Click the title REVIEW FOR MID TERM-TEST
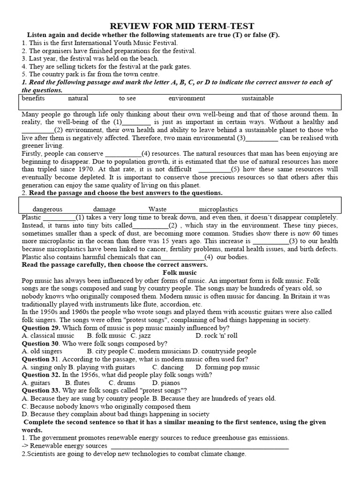[182, 26]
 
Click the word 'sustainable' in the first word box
[257, 98]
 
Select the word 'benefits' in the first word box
[33, 98]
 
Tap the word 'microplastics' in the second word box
[218, 210]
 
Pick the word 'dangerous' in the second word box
[47, 210]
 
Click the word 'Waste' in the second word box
[157, 210]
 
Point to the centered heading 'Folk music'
[180, 272]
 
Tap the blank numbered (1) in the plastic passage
[59, 218]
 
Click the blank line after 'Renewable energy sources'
[199, 446]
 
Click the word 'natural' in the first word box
[78, 98]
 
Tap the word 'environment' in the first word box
[187, 98]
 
